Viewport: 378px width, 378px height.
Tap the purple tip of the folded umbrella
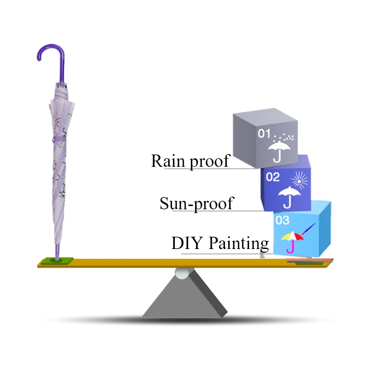[x=57, y=252]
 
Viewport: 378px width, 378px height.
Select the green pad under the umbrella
[x=57, y=261]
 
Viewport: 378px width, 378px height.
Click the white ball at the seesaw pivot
[x=182, y=274]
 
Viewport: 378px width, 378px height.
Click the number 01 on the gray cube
[x=264, y=133]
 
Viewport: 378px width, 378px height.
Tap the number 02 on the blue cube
[x=273, y=177]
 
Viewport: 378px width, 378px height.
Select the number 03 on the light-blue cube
[x=282, y=220]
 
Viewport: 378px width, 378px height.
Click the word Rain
[x=168, y=161]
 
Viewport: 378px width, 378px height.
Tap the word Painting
[x=239, y=244]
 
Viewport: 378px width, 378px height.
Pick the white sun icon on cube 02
[x=300, y=180]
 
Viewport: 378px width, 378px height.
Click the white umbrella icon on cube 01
[x=279, y=152]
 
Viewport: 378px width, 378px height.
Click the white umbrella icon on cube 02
[x=289, y=197]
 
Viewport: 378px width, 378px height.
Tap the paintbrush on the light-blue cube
[x=309, y=229]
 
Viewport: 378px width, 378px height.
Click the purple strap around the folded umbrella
[x=59, y=139]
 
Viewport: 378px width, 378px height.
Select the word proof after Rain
[x=209, y=162]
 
